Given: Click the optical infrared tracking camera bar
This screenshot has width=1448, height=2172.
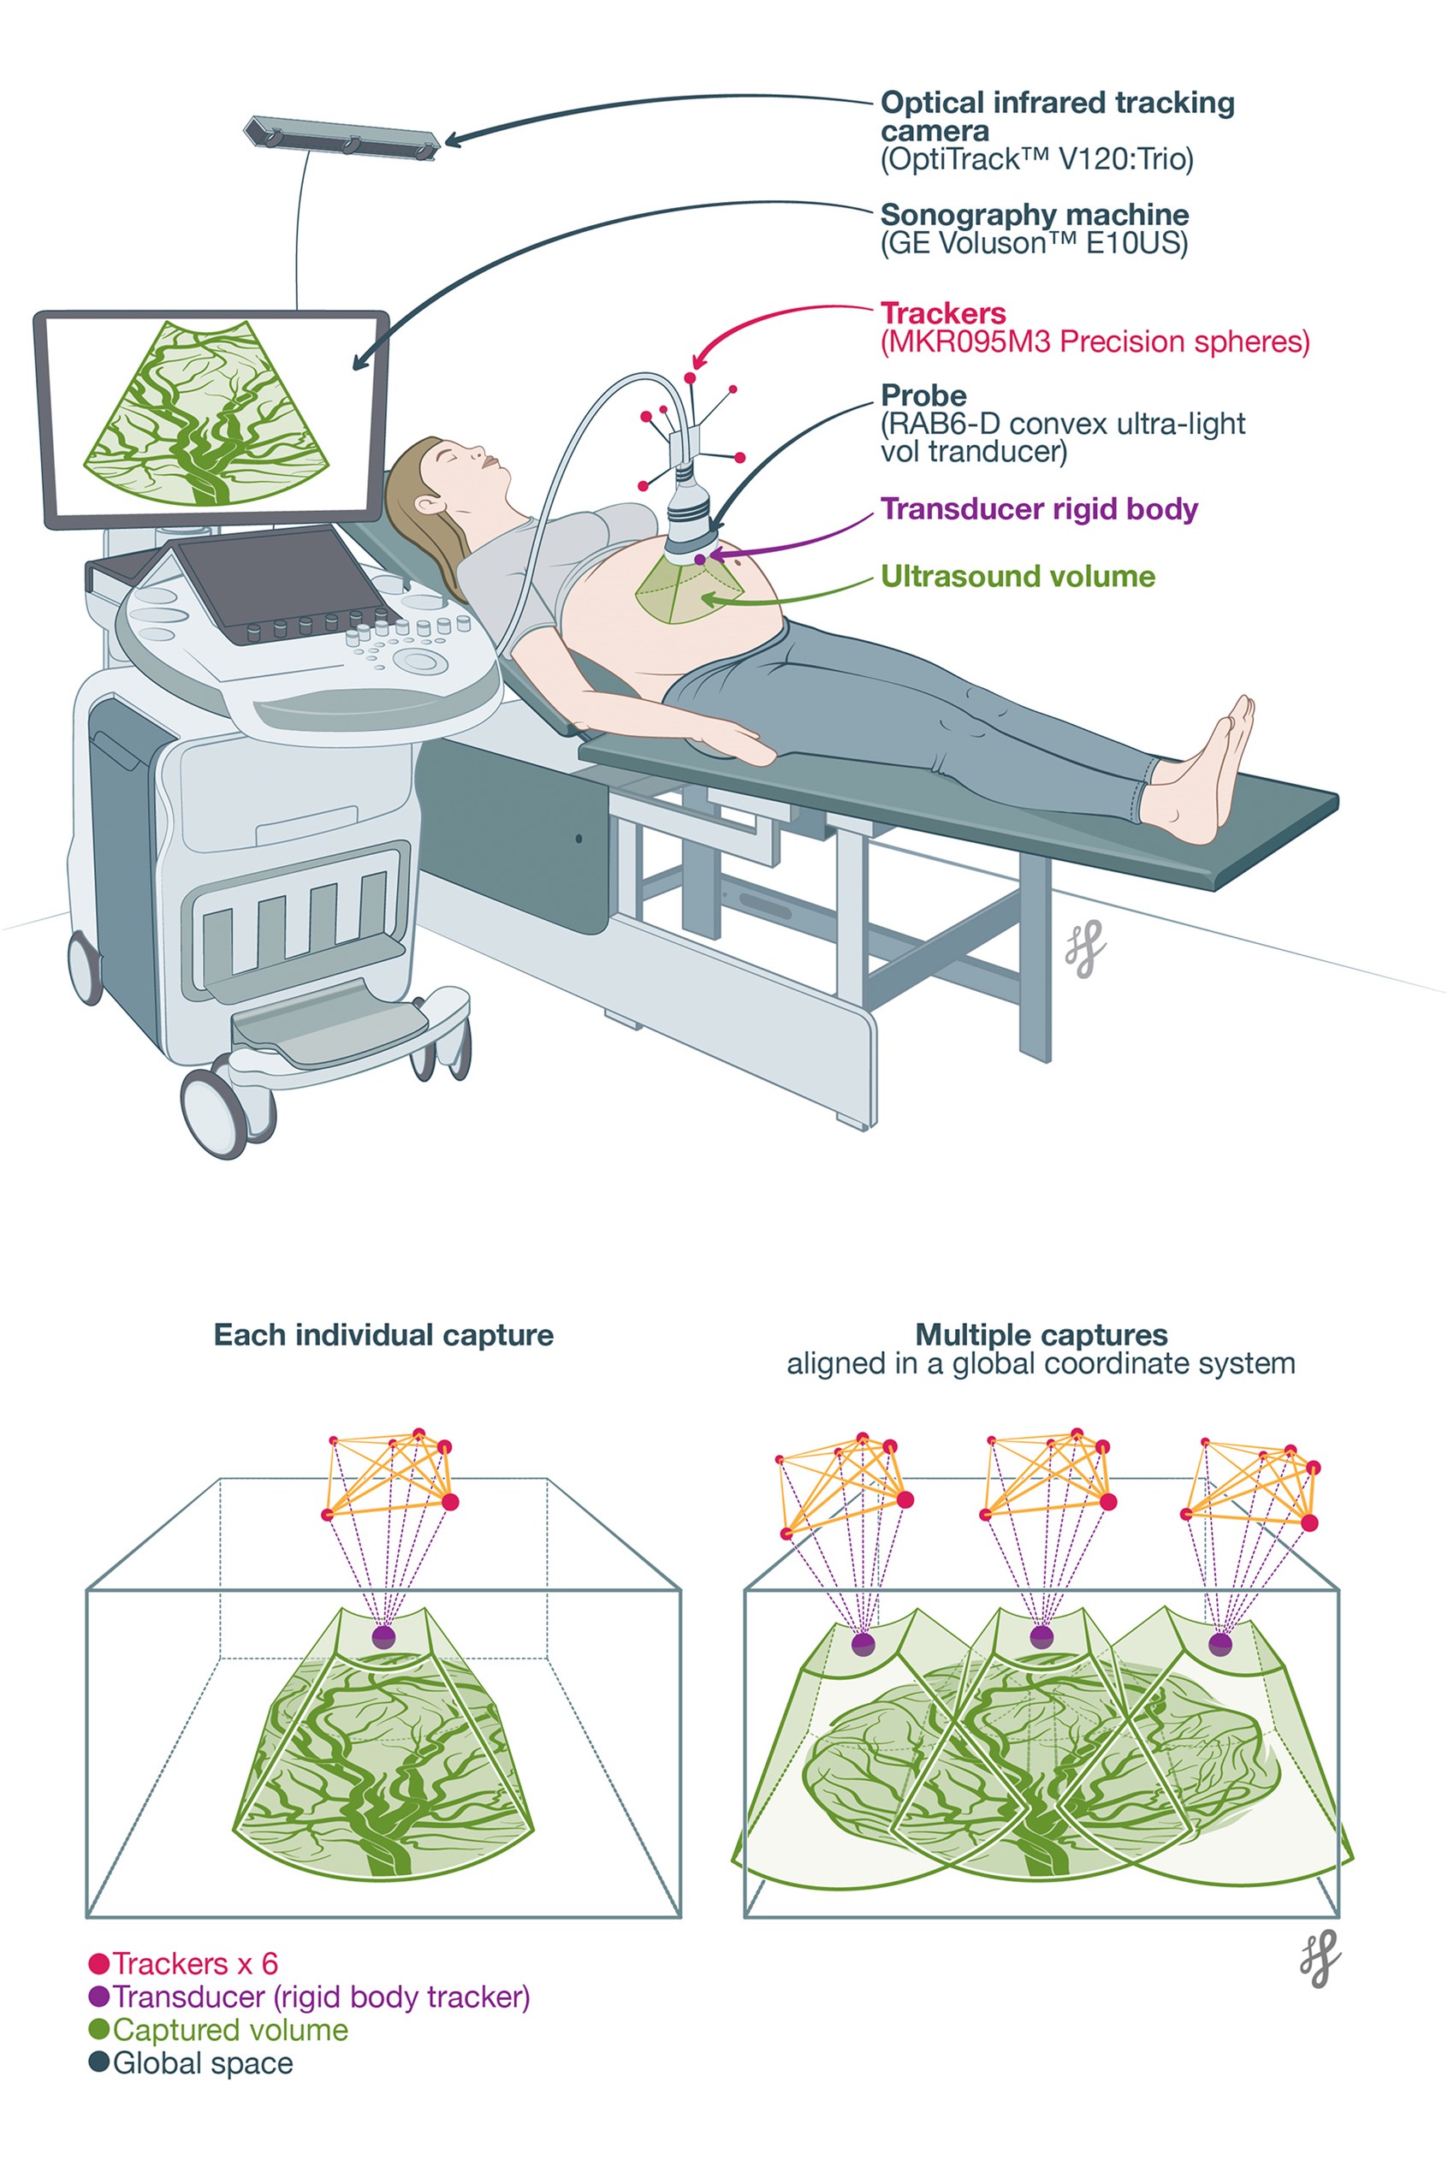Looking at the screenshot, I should coord(341,137).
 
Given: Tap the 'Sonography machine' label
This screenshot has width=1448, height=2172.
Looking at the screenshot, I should coord(1035,214).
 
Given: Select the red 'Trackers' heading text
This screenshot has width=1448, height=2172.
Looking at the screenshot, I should coord(943,313).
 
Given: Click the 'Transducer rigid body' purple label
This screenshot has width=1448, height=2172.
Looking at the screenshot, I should coord(1039,509).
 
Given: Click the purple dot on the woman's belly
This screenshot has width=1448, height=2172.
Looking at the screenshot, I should coord(700,559).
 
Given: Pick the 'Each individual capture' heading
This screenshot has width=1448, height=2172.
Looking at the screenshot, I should coord(383,1334).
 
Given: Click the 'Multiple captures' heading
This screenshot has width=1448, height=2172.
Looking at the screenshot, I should coord(1041,1334).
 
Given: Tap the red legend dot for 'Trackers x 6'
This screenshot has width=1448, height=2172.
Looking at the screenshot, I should coord(98,1964).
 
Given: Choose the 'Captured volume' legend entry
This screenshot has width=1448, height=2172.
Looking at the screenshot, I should coord(230,2031).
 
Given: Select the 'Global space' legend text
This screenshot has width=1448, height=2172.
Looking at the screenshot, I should coord(202,2064).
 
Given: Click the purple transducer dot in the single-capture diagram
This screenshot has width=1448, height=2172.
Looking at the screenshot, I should coord(383,1637).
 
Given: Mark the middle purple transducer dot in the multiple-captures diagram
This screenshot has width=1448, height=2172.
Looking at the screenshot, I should coord(1041,1636).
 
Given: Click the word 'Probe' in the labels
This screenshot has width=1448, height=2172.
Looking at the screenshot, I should coord(923,395).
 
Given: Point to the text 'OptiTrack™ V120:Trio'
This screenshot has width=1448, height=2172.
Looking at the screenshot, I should coord(1036,160).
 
